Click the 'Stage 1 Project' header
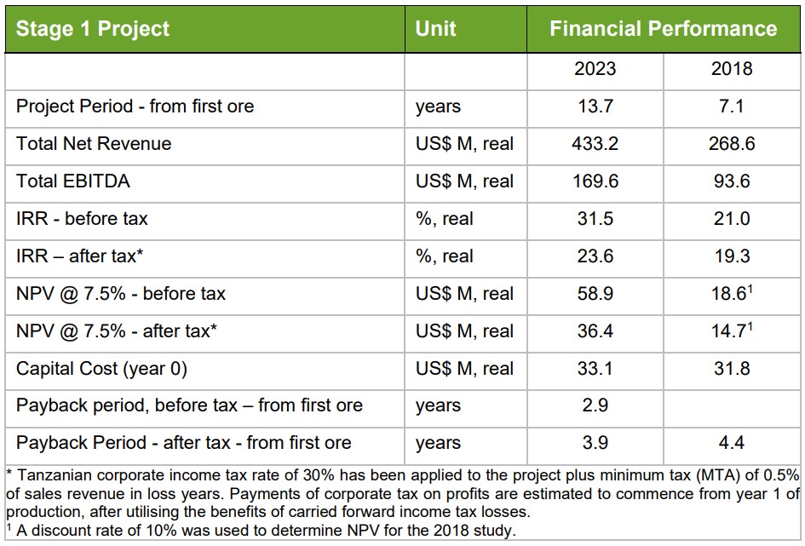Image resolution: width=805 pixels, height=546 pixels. (x=93, y=28)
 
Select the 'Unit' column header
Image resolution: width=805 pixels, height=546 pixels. (x=435, y=28)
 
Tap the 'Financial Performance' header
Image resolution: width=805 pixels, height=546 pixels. (x=663, y=28)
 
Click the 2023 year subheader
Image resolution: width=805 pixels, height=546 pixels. (x=595, y=69)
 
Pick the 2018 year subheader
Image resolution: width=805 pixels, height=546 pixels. (x=732, y=69)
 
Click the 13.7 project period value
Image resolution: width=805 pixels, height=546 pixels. (x=595, y=106)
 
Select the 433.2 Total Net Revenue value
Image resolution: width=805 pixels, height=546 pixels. (x=595, y=144)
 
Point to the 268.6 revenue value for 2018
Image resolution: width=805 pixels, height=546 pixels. (x=732, y=144)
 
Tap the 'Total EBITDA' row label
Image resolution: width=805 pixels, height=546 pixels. (x=73, y=181)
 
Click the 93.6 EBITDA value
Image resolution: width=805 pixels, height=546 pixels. (x=732, y=181)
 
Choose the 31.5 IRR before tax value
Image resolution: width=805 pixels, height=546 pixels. (x=595, y=219)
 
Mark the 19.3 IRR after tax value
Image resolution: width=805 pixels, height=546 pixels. (x=732, y=256)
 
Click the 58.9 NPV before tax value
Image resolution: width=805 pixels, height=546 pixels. (x=595, y=294)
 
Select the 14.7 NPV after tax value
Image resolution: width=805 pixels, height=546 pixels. (x=729, y=331)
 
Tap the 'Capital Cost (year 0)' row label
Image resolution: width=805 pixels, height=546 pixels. (x=101, y=369)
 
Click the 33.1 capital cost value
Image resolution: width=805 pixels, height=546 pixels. (x=595, y=369)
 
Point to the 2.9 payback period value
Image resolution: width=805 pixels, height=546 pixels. (x=595, y=405)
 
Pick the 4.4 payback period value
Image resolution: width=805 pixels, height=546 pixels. (x=732, y=443)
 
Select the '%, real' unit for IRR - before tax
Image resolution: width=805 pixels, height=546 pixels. (x=444, y=219)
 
